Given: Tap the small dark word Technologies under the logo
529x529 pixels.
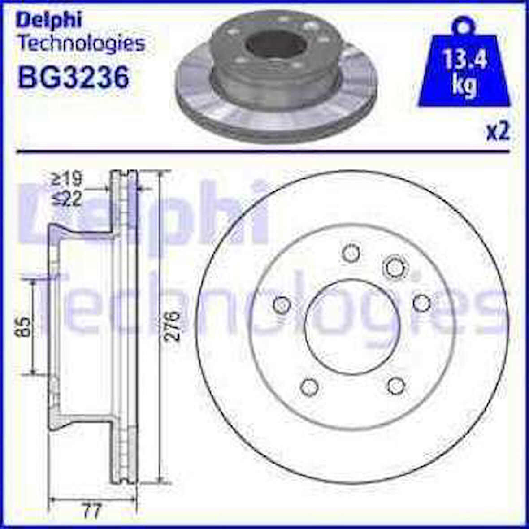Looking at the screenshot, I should click(x=81, y=43).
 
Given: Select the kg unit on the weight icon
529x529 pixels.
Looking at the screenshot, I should click(x=464, y=85).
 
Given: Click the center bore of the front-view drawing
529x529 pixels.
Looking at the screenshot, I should click(x=352, y=322).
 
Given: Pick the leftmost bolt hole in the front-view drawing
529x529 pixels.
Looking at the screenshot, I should click(x=282, y=305).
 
